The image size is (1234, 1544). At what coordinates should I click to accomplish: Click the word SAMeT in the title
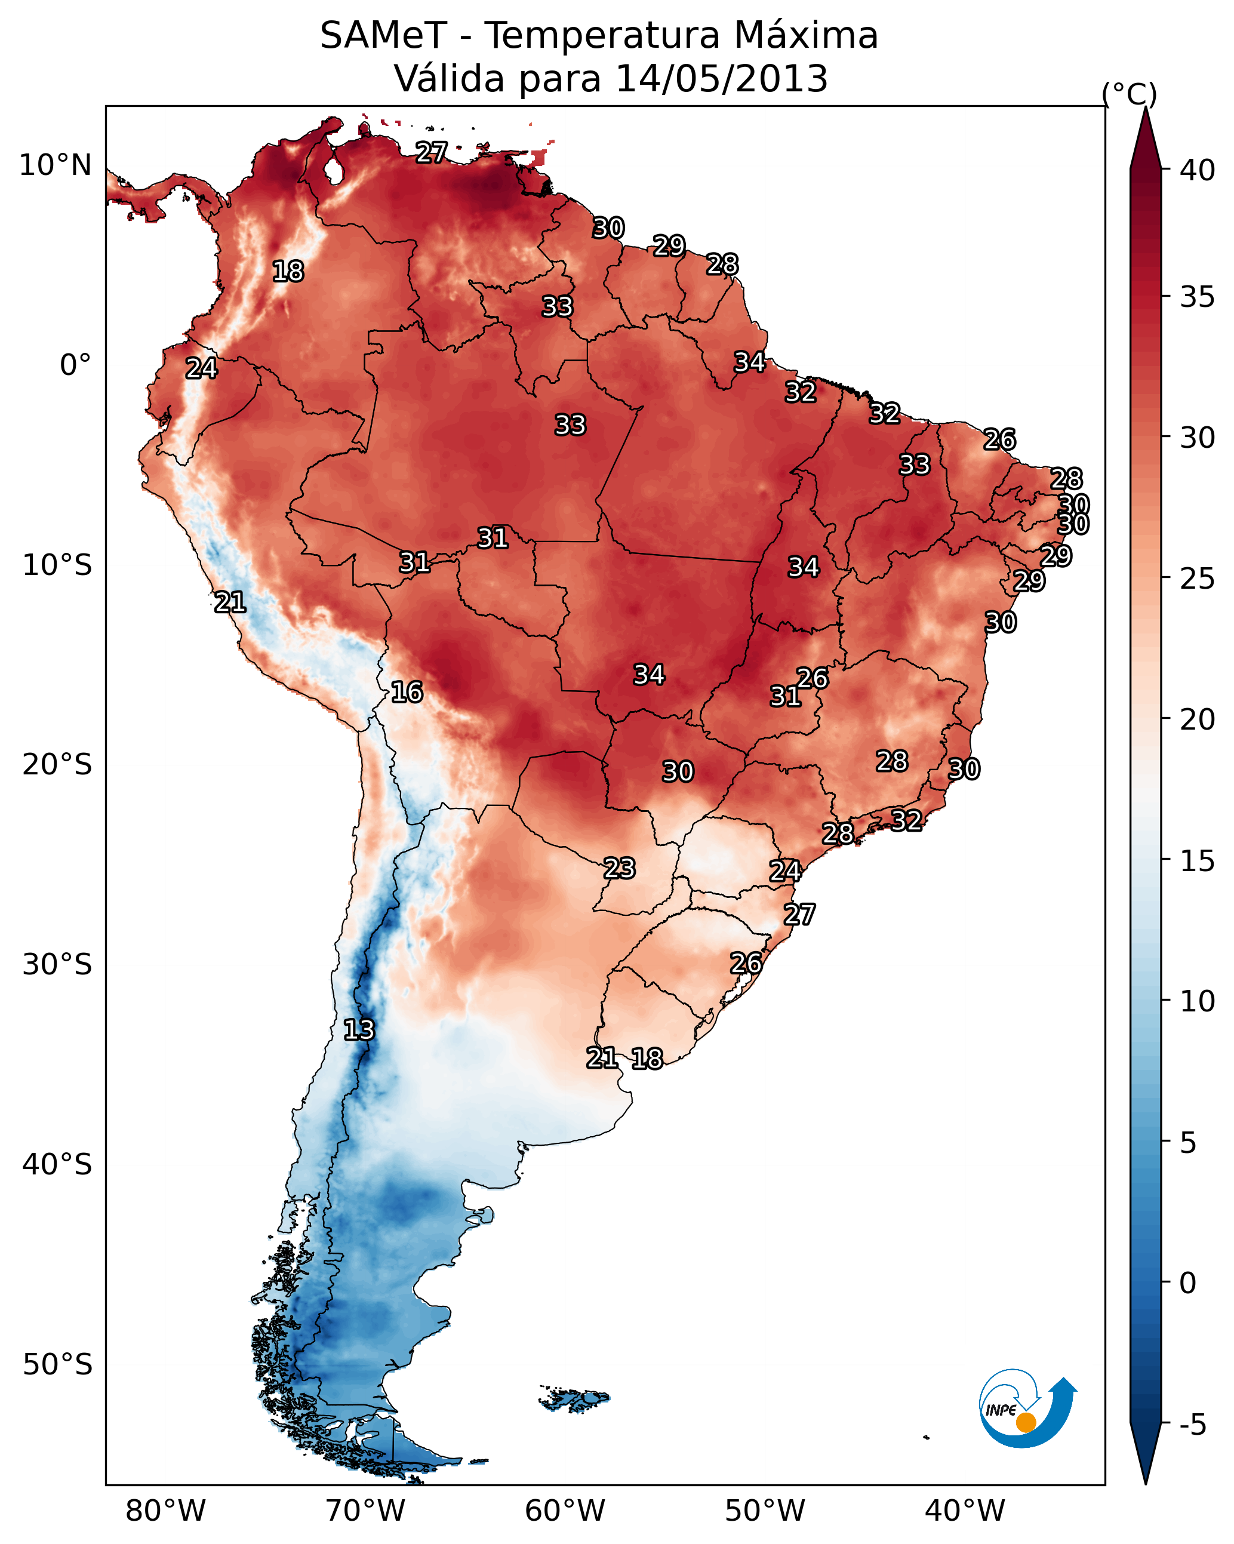tap(383, 36)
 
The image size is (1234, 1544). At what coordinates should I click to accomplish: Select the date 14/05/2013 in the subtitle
tap(721, 79)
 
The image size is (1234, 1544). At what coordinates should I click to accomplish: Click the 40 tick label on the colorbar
tap(1198, 170)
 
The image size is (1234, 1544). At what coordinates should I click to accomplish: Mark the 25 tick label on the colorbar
tap(1198, 578)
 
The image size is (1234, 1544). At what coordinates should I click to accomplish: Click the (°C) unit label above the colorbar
tap(1130, 94)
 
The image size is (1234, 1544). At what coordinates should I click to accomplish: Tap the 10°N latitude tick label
tap(55, 165)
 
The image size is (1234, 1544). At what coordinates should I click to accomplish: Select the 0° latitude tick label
tap(76, 365)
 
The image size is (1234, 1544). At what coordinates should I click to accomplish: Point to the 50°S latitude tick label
tap(57, 1365)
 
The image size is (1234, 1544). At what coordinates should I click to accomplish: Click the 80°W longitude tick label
tap(165, 1511)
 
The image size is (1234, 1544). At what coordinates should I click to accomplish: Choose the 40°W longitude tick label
tap(965, 1511)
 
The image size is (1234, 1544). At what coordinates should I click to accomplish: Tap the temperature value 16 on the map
tap(407, 693)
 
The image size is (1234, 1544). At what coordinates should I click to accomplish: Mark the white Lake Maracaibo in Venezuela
tap(334, 170)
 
